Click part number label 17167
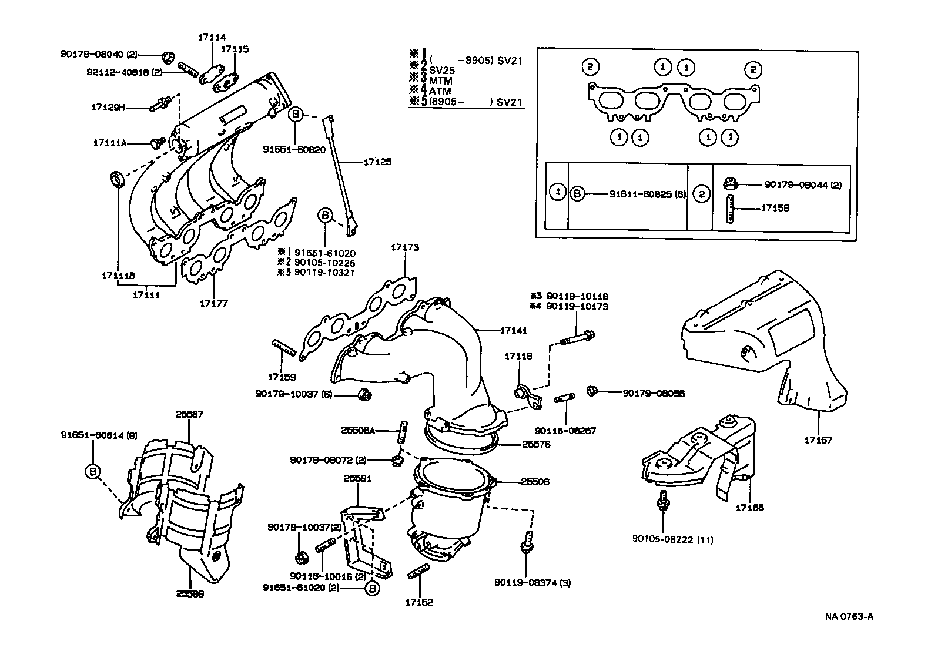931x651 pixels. [818, 439]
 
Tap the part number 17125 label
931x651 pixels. [377, 162]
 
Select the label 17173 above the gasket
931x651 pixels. [405, 247]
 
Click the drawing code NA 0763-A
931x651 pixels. [849, 616]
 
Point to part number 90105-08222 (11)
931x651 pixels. [673, 539]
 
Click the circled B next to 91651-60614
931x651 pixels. [93, 471]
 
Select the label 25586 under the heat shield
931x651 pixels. [189, 593]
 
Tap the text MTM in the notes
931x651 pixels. [441, 80]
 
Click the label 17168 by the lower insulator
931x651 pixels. [749, 507]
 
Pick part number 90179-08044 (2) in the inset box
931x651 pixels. [803, 185]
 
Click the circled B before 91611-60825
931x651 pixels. [578, 194]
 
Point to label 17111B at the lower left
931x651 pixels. [118, 275]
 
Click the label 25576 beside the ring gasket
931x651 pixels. [536, 445]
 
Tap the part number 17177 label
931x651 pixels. [213, 303]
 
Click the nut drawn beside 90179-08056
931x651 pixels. [593, 391]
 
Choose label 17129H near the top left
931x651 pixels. [109, 108]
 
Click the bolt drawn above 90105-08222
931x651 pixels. [662, 500]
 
